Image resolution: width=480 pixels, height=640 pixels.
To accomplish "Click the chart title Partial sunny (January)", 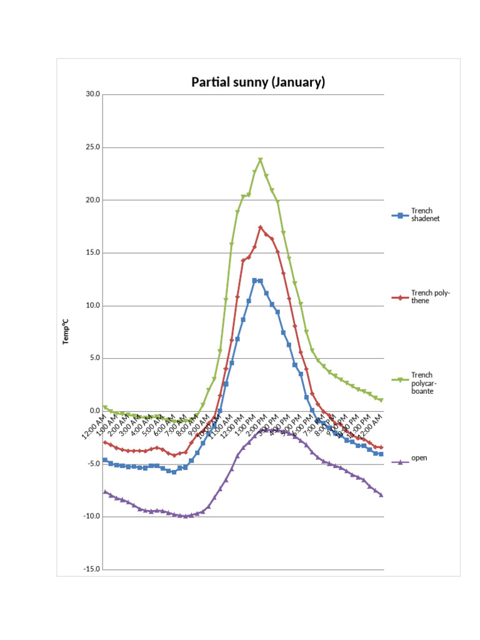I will click(x=257, y=82).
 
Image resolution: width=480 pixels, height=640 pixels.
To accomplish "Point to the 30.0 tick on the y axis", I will click(x=93, y=94).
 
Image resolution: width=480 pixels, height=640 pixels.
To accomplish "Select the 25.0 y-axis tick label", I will click(x=93, y=147).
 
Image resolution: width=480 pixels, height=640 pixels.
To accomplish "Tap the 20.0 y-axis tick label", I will click(x=93, y=200).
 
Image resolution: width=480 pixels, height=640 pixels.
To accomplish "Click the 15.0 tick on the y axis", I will click(x=93, y=253).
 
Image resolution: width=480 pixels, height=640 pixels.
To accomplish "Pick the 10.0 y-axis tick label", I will click(x=93, y=306).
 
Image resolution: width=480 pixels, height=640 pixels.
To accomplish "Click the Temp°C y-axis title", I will click(x=66, y=332).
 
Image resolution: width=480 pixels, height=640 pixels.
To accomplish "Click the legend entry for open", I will click(x=419, y=458).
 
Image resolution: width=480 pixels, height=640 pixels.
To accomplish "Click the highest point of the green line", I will click(x=261, y=160).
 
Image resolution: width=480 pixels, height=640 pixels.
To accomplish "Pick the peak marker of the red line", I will click(x=261, y=227).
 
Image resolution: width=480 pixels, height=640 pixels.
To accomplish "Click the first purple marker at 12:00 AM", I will click(x=105, y=492).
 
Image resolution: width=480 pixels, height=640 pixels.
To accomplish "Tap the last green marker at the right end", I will click(x=381, y=399).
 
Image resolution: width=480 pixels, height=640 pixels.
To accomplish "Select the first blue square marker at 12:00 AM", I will click(x=105, y=460).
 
